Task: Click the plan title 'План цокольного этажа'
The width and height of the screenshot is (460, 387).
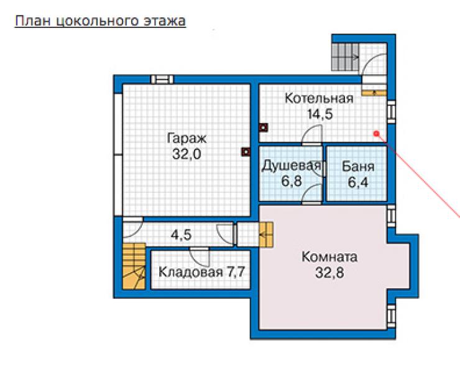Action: click(x=100, y=21)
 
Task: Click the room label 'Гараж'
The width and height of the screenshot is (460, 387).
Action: click(x=186, y=138)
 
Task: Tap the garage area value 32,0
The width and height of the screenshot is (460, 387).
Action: click(x=186, y=154)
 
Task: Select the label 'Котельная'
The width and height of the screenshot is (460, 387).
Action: click(x=319, y=98)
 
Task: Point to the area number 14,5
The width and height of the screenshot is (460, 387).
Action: click(x=320, y=114)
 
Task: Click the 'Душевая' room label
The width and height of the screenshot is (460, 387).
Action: click(x=291, y=166)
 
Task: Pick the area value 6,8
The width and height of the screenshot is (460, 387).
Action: click(x=292, y=181)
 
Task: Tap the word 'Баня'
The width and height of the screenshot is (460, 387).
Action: click(x=358, y=167)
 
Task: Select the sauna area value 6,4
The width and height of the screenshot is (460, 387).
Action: click(x=358, y=182)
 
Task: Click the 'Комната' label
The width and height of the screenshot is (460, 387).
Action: click(x=329, y=257)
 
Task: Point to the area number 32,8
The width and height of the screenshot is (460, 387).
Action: click(x=329, y=273)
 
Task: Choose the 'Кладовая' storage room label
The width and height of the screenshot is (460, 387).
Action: click(x=190, y=272)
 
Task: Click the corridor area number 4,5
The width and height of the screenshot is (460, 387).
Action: click(x=181, y=235)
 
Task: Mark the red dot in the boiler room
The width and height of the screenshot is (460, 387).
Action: click(x=376, y=134)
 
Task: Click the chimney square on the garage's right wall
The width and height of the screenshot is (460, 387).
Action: click(x=246, y=152)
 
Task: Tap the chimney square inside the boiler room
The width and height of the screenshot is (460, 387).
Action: click(x=264, y=128)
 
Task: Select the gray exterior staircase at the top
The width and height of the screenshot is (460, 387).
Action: click(x=345, y=57)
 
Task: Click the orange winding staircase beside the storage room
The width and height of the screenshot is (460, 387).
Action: click(x=134, y=266)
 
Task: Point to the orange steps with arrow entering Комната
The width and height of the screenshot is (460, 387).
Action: click(x=266, y=235)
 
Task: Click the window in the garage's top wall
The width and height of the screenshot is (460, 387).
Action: click(x=162, y=79)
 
